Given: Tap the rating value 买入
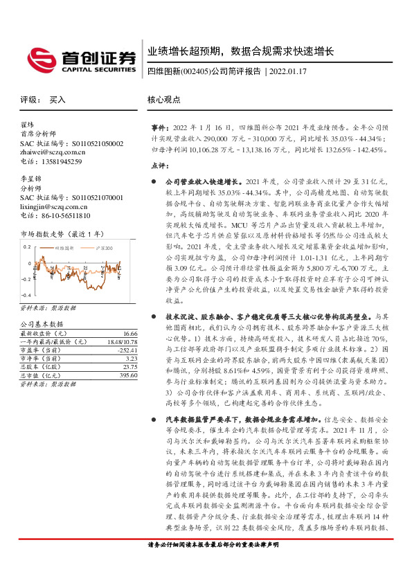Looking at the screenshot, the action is click(x=57, y=99).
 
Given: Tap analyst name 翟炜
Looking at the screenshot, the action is click(x=27, y=125).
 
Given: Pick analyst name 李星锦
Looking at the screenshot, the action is click(x=30, y=179).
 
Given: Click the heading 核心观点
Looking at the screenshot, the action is click(x=163, y=99).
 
